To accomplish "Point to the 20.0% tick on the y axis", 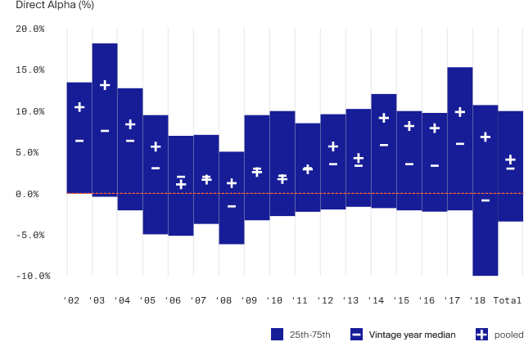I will click(x=30, y=29).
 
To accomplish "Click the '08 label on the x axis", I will click(x=224, y=300).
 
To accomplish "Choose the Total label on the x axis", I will click(x=508, y=300).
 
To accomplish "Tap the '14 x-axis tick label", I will click(x=376, y=300).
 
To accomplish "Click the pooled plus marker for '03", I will click(x=105, y=85).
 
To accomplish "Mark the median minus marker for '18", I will click(x=486, y=200).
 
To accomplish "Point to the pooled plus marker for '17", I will click(x=460, y=112).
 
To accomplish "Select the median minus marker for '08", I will click(x=232, y=206).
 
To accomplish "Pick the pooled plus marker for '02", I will click(x=79, y=107).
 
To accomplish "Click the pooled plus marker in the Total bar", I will click(x=511, y=160).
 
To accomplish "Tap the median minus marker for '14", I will click(x=384, y=145).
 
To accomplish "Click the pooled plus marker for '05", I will click(x=156, y=146).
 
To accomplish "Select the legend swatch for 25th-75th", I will click(x=277, y=335).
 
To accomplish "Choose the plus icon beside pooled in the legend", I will click(x=481, y=335).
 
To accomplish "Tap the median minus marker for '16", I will click(x=435, y=166).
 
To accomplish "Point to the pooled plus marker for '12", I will click(x=333, y=146).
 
